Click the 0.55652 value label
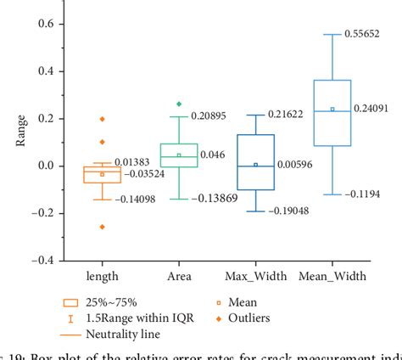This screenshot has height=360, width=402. (366, 35)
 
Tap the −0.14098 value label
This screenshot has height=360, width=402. (142, 200)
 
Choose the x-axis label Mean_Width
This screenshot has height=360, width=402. (333, 276)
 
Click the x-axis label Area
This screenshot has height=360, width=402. (178, 276)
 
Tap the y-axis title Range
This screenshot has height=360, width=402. (20, 142)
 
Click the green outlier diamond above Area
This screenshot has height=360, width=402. (178, 104)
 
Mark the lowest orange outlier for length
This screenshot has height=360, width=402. (102, 227)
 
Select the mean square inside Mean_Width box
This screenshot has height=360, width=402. (332, 109)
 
